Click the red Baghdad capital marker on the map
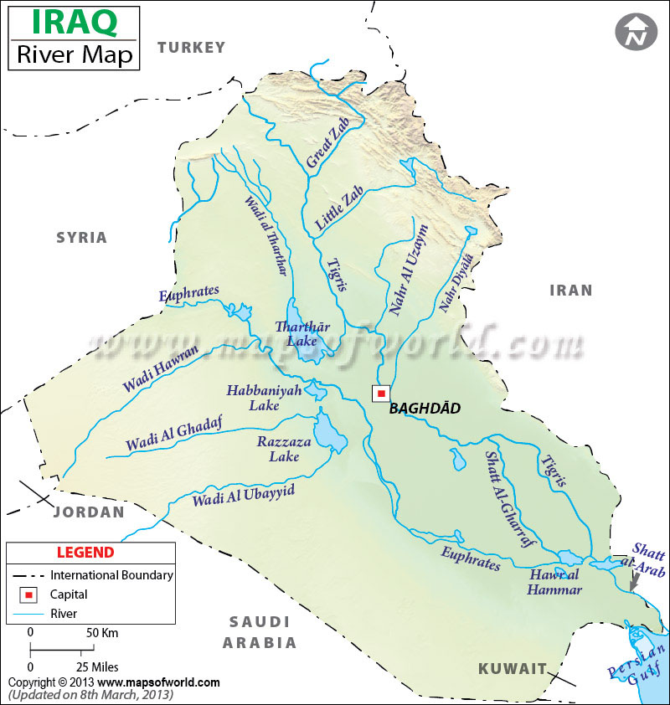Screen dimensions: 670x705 (x=381, y=393)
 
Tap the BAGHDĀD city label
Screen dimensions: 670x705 (x=425, y=409)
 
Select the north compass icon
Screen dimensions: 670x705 (x=636, y=32)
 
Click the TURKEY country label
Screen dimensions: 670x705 (x=192, y=47)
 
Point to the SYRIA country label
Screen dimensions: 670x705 (x=82, y=238)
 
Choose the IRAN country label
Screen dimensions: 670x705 (x=570, y=291)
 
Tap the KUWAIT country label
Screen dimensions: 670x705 (x=513, y=668)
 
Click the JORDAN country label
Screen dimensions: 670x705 (x=88, y=512)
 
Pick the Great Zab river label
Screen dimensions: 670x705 (x=327, y=144)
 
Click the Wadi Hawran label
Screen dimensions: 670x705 (x=161, y=369)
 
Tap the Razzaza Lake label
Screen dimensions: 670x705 (x=284, y=449)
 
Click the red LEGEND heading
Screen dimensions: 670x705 (x=85, y=553)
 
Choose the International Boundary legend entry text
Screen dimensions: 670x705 (x=111, y=575)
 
